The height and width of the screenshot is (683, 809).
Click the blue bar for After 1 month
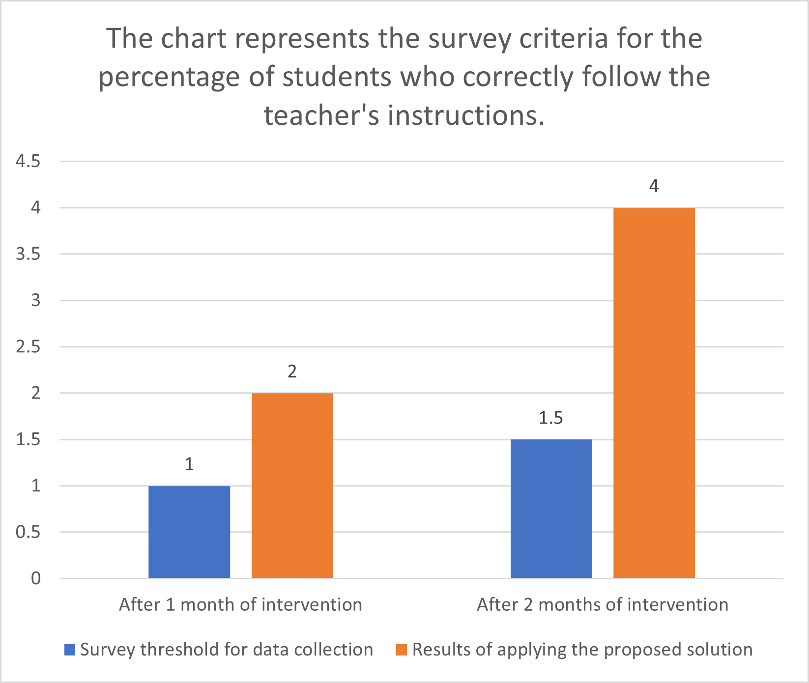(189, 532)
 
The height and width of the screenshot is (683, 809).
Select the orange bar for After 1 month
(292, 485)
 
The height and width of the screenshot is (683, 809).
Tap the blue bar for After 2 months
(551, 509)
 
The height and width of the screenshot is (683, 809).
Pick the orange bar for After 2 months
(654, 393)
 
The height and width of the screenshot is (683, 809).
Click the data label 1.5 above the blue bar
(551, 418)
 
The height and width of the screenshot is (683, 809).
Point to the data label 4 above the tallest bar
(654, 186)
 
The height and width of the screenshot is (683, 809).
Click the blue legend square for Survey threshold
(70, 650)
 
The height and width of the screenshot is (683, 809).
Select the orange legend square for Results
(402, 650)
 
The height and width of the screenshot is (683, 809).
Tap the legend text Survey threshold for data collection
(227, 650)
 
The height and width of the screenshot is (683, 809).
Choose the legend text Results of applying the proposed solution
(582, 650)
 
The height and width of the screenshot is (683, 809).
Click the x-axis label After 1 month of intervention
(240, 604)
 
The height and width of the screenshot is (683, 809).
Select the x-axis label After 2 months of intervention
(603, 604)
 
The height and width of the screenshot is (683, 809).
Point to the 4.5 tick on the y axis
(28, 161)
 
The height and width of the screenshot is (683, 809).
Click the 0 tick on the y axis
(36, 578)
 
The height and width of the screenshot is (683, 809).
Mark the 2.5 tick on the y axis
(28, 347)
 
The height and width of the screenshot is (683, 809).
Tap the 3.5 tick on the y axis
(28, 254)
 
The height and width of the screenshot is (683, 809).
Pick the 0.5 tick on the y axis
(28, 532)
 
